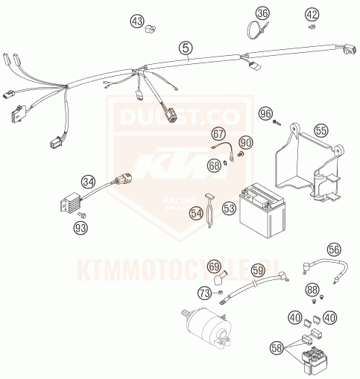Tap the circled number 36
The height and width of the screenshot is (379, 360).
(x=262, y=13)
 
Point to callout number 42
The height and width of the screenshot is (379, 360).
(x=312, y=13)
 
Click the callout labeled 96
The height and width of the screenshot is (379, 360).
(x=265, y=113)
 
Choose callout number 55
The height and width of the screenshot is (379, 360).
(x=320, y=130)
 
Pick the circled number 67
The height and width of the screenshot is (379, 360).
(x=218, y=134)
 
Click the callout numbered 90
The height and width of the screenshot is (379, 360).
(x=246, y=141)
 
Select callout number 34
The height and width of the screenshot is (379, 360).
(x=89, y=182)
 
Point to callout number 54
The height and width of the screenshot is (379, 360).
(x=196, y=214)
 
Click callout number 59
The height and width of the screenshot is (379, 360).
(x=257, y=270)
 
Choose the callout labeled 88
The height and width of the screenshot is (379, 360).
(x=312, y=289)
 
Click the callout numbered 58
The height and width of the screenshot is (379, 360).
(x=277, y=347)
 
